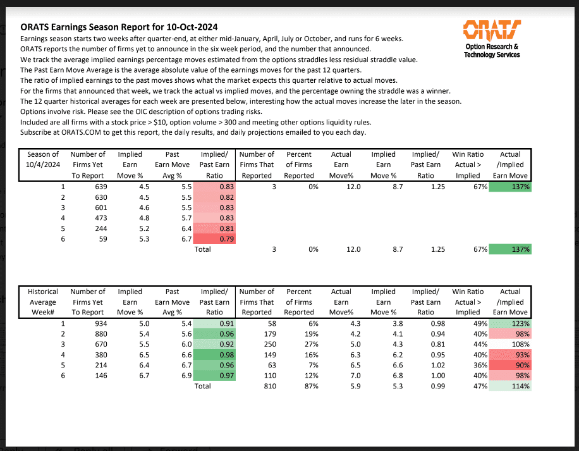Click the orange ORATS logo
(x=492, y=29)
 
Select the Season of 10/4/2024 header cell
(x=43, y=164)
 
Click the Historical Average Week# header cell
(x=43, y=302)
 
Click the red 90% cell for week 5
(x=510, y=366)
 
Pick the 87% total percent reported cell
(x=307, y=386)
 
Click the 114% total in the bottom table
(x=510, y=386)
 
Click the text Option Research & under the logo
(x=491, y=47)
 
